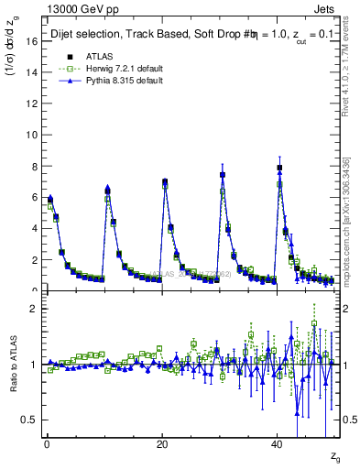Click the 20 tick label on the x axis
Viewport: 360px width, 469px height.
[161, 444]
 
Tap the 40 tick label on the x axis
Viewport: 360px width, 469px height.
[277, 444]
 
